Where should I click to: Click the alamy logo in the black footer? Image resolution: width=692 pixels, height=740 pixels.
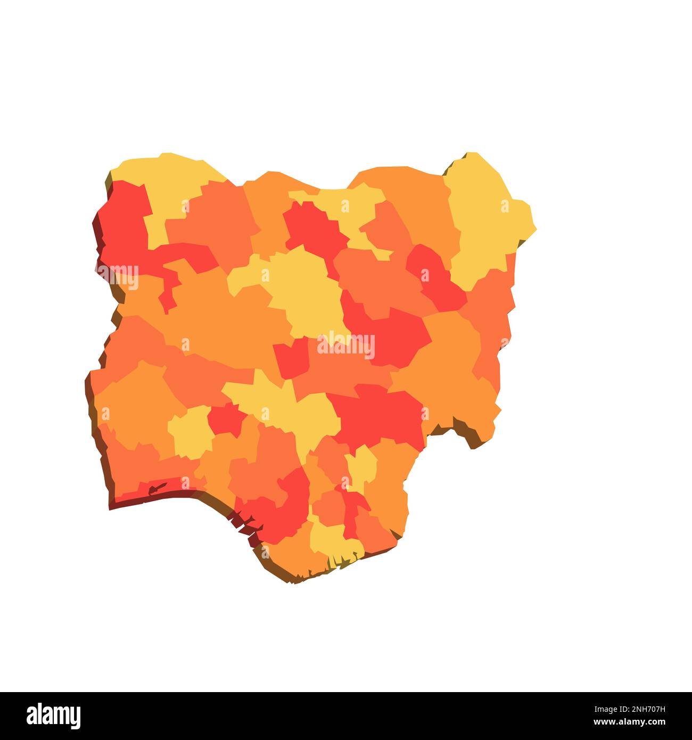point(54,716)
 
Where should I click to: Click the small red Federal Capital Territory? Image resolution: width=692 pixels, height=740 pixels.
point(292,358)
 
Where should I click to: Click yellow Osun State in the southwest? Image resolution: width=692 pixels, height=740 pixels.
point(191,431)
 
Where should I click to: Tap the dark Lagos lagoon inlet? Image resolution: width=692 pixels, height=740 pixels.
point(156,487)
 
